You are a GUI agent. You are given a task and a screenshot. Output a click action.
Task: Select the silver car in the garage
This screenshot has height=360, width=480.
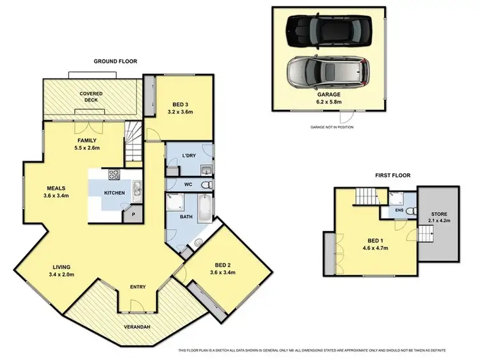[328, 72]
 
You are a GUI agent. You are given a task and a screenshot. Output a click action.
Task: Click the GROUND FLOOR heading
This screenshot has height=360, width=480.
[116, 61]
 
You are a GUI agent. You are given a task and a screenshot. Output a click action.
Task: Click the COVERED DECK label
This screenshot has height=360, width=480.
[92, 97]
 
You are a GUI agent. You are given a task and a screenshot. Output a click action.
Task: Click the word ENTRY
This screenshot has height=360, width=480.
[138, 286]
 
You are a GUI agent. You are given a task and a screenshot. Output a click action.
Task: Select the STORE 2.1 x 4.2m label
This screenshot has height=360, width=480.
[438, 217]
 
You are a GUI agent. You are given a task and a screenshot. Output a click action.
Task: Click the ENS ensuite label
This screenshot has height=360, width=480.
[399, 210]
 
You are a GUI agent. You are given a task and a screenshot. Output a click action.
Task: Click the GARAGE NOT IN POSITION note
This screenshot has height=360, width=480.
[332, 127]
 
